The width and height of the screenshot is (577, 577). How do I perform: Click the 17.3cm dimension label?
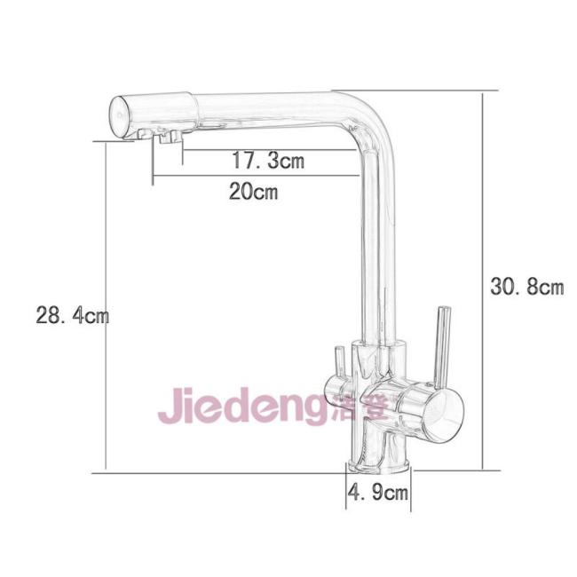(268, 161)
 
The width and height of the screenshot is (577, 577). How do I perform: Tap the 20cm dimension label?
(253, 192)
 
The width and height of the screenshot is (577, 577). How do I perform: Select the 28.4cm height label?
(73, 316)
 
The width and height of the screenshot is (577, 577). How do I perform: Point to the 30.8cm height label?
(527, 287)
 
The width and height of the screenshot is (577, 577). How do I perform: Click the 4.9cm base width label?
(378, 492)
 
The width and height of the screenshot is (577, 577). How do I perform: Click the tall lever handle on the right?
(443, 347)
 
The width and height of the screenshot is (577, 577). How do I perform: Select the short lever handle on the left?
(339, 362)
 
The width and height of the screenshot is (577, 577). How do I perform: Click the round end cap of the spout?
(120, 117)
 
